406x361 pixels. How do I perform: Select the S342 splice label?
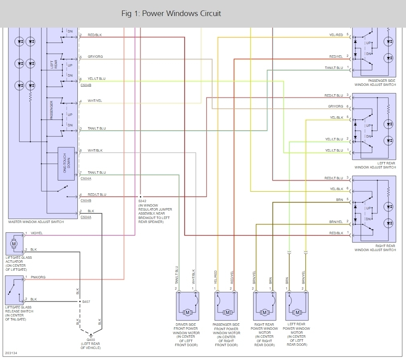[x=142, y=201]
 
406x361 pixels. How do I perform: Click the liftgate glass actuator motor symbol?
[x=14, y=243]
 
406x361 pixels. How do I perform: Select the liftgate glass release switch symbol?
[x=14, y=290]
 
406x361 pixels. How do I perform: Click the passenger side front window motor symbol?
[x=227, y=312]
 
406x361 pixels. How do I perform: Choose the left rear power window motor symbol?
[x=297, y=312]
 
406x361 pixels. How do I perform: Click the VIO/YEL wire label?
[x=37, y=233]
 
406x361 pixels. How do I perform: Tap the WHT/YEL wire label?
[x=95, y=101]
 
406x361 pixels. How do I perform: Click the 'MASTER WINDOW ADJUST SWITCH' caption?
[x=36, y=222]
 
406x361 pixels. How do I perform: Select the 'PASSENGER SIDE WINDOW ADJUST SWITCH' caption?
[x=375, y=83]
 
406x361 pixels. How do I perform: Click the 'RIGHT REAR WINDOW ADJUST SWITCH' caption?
[x=375, y=248]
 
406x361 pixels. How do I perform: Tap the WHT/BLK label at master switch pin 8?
[x=95, y=150]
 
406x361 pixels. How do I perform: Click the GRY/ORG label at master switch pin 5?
[x=95, y=57]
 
